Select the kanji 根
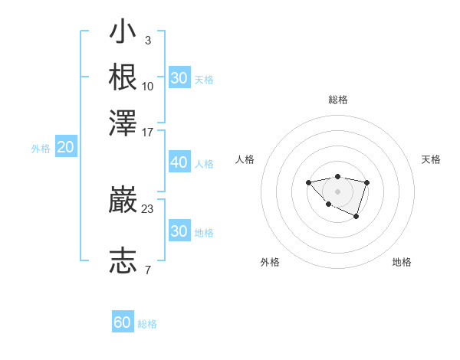tap(123, 77)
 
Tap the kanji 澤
tap(123, 123)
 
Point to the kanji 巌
tap(123, 201)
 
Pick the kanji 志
tap(123, 260)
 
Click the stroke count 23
tap(147, 208)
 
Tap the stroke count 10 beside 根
tap(147, 86)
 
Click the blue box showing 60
tap(123, 322)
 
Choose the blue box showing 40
tap(179, 162)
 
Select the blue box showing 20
tap(65, 148)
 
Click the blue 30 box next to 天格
tap(179, 78)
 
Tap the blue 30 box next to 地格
tap(179, 231)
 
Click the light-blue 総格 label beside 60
tap(147, 324)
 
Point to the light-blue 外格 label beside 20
tap(40, 149)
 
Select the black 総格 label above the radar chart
tap(337, 100)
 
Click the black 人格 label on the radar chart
tap(245, 159)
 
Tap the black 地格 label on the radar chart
tap(402, 262)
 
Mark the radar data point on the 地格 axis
tap(356, 218)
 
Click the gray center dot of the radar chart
tap(337, 191)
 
